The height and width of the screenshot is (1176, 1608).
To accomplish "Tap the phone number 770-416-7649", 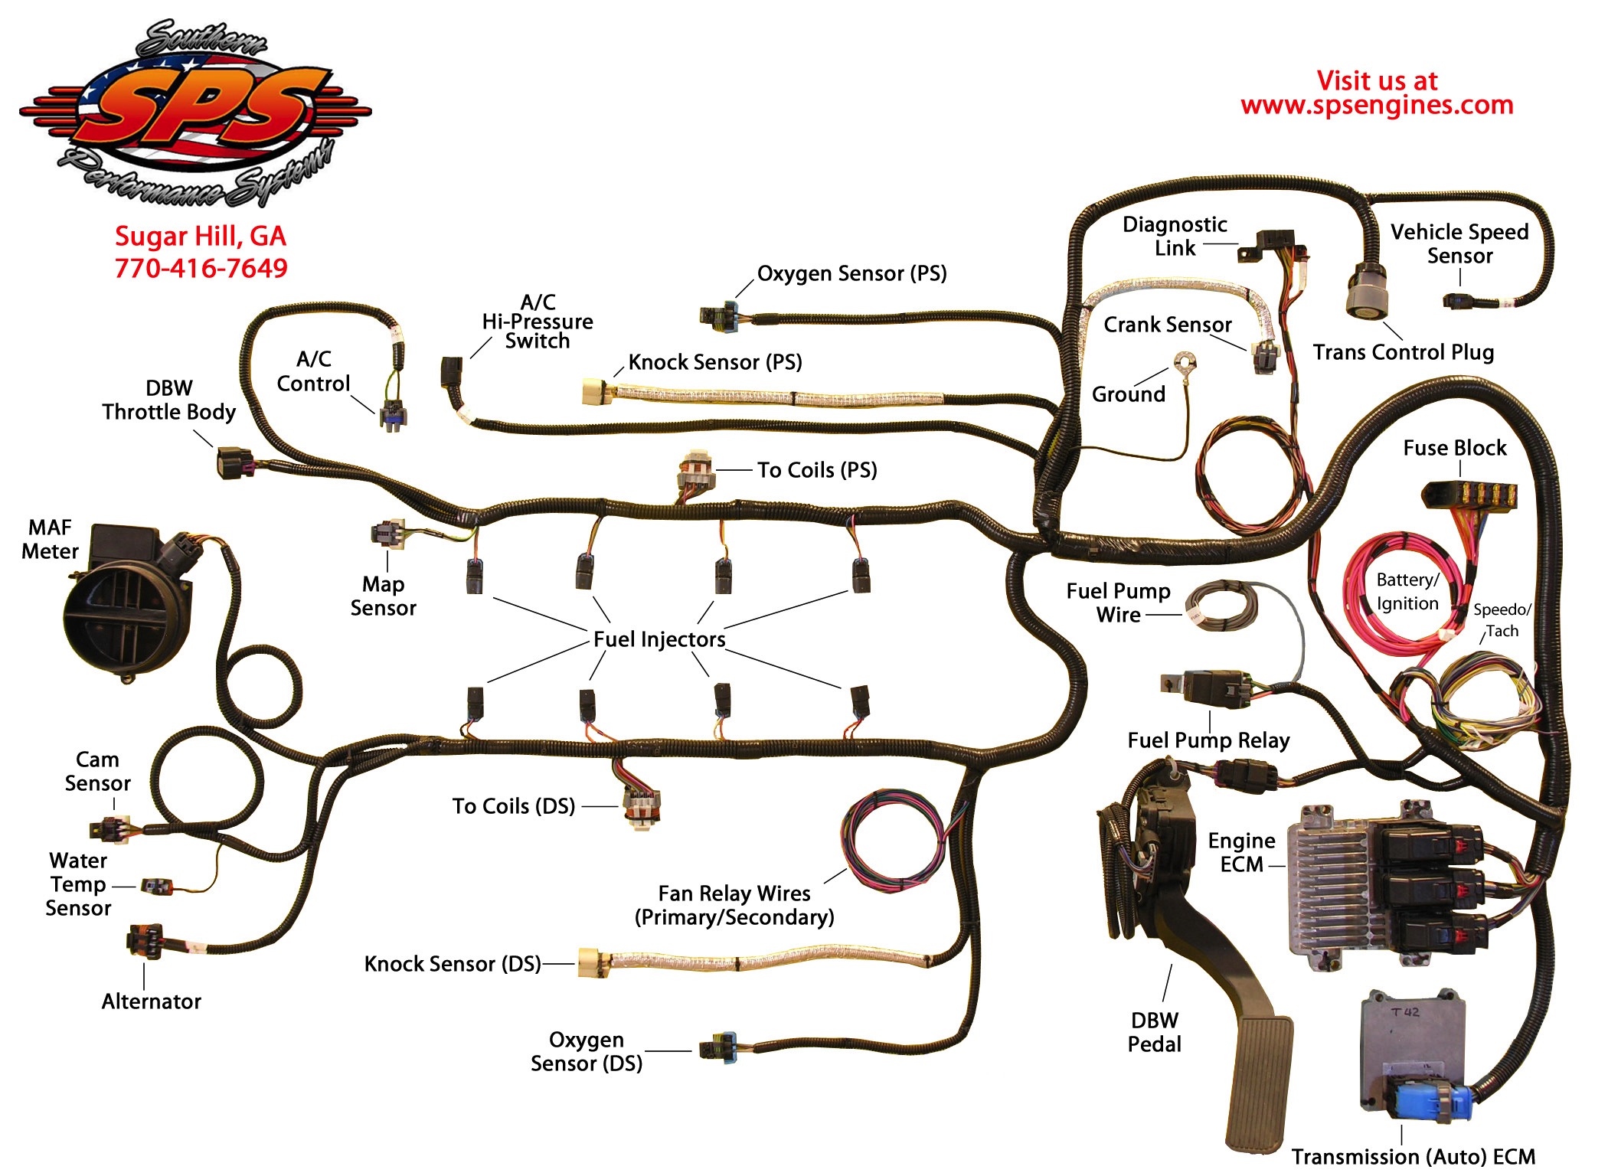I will point(201,268).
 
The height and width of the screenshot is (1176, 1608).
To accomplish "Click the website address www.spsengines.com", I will point(1377,105).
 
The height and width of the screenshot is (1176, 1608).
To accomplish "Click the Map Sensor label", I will point(383,596).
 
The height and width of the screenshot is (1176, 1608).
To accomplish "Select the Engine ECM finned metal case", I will point(1332,888).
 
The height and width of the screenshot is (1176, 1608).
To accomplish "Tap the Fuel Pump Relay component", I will point(1210,686).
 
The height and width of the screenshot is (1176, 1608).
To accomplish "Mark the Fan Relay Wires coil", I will point(892,840).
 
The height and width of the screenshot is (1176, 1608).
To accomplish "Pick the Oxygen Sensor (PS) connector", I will point(720,315).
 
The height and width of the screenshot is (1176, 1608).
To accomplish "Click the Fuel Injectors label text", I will point(659,639).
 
